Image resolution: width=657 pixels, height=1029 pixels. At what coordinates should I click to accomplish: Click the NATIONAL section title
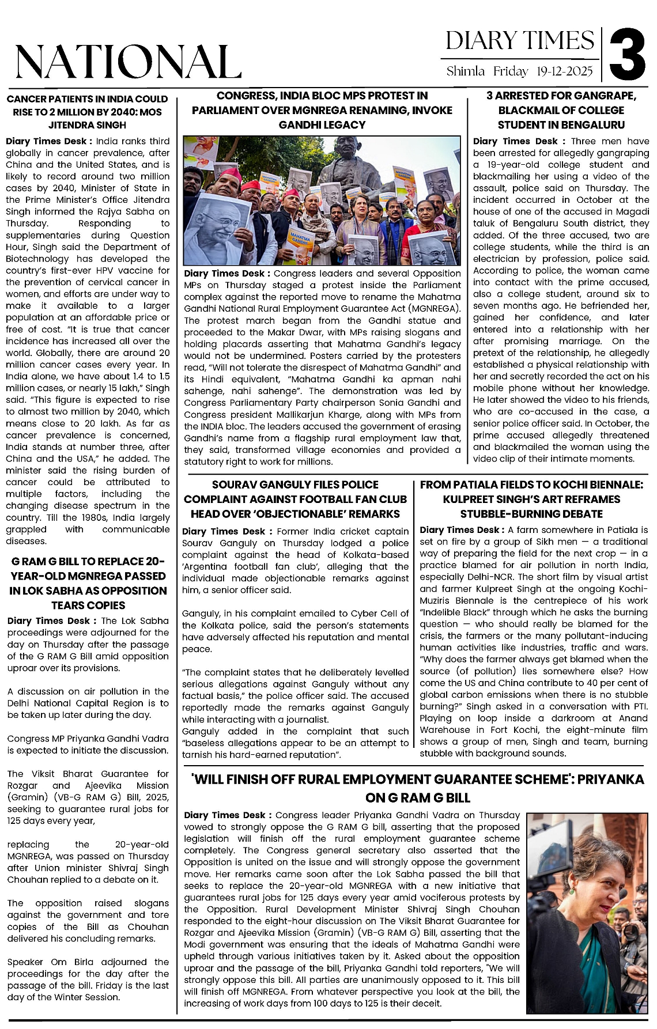(x=128, y=62)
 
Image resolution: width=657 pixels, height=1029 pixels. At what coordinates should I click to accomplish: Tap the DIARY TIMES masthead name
(x=519, y=41)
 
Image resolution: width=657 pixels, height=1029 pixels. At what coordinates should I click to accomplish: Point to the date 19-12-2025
(x=564, y=71)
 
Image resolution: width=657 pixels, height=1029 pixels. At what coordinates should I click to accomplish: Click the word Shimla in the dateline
(x=465, y=71)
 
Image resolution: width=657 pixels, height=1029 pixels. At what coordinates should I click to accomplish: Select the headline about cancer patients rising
(x=88, y=112)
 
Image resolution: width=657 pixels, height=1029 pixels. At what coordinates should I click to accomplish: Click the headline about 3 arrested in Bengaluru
(x=561, y=110)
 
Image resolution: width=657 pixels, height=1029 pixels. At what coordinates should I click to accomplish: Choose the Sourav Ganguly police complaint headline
(x=295, y=499)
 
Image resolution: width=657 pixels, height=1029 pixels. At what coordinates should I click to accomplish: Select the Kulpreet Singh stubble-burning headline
(x=531, y=499)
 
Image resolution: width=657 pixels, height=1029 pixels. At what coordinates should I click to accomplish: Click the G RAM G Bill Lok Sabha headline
(x=88, y=583)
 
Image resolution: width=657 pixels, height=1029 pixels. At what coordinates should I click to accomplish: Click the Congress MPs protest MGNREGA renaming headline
(x=322, y=110)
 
